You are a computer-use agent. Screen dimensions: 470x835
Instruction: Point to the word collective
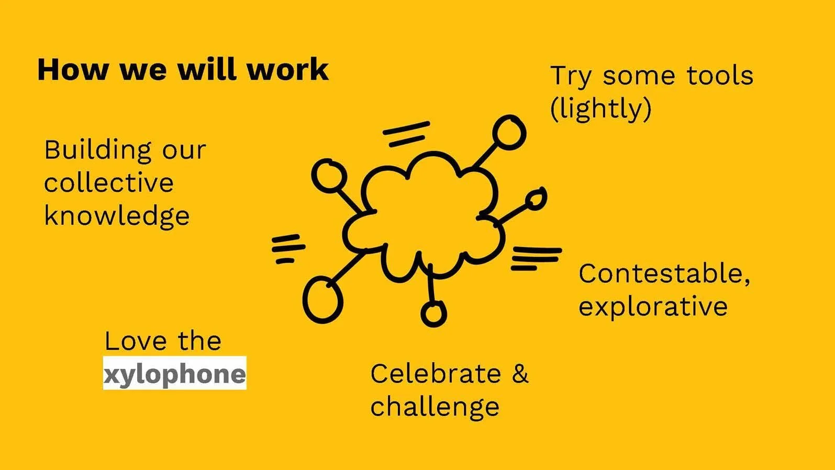[x=108, y=183]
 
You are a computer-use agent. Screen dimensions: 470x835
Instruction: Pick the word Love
[x=135, y=342]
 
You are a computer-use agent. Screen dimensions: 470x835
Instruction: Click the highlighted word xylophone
[x=174, y=374]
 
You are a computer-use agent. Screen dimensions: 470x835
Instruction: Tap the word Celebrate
[x=436, y=374]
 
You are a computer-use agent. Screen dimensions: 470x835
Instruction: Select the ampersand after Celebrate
[x=520, y=374]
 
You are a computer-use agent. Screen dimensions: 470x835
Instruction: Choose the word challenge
[x=435, y=408]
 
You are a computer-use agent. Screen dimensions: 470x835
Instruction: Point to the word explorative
[x=653, y=307]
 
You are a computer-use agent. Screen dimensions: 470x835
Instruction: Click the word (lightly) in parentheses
[x=600, y=109]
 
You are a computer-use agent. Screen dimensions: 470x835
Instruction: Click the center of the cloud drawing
[x=424, y=217]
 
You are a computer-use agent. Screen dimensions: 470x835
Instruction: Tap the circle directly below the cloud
[x=433, y=314]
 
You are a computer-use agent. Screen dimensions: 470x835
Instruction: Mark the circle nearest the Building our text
[x=329, y=176]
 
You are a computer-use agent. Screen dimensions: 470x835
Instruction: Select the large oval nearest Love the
[x=322, y=300]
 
